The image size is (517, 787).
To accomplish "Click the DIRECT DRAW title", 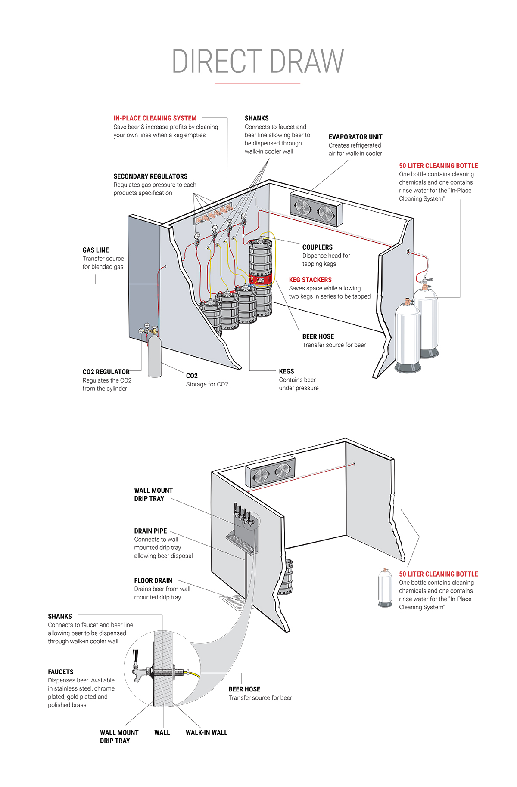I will tap(258, 61).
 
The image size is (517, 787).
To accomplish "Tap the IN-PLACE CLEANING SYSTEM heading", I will tap(155, 118).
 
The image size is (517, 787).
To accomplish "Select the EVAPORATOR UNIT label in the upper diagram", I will tap(355, 137).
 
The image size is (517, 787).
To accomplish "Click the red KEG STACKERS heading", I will tap(310, 280).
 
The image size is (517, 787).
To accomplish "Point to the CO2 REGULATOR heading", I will tap(106, 372).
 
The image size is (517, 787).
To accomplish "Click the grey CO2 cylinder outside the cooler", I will tap(154, 357).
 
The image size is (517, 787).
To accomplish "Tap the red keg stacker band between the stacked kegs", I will tap(260, 279).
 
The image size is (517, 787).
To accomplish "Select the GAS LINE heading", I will tap(95, 250).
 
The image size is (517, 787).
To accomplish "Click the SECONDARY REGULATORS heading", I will tap(150, 176).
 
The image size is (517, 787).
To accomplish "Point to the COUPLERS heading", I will tap(317, 247).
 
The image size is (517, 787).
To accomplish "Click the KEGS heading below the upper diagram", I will tap(286, 371).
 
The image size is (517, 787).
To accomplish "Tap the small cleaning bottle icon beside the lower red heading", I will tap(385, 587).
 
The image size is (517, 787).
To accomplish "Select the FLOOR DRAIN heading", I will tap(153, 580).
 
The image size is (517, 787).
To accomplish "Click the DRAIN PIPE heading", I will tap(150, 531).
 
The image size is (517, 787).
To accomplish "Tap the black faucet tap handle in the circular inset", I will tap(136, 657).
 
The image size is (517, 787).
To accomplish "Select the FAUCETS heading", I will tap(60, 672).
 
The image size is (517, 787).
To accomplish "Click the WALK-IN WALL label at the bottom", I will tap(206, 732).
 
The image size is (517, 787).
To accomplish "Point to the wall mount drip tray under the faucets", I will tap(241, 543).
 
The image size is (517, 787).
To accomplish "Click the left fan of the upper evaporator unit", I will tap(303, 208).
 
